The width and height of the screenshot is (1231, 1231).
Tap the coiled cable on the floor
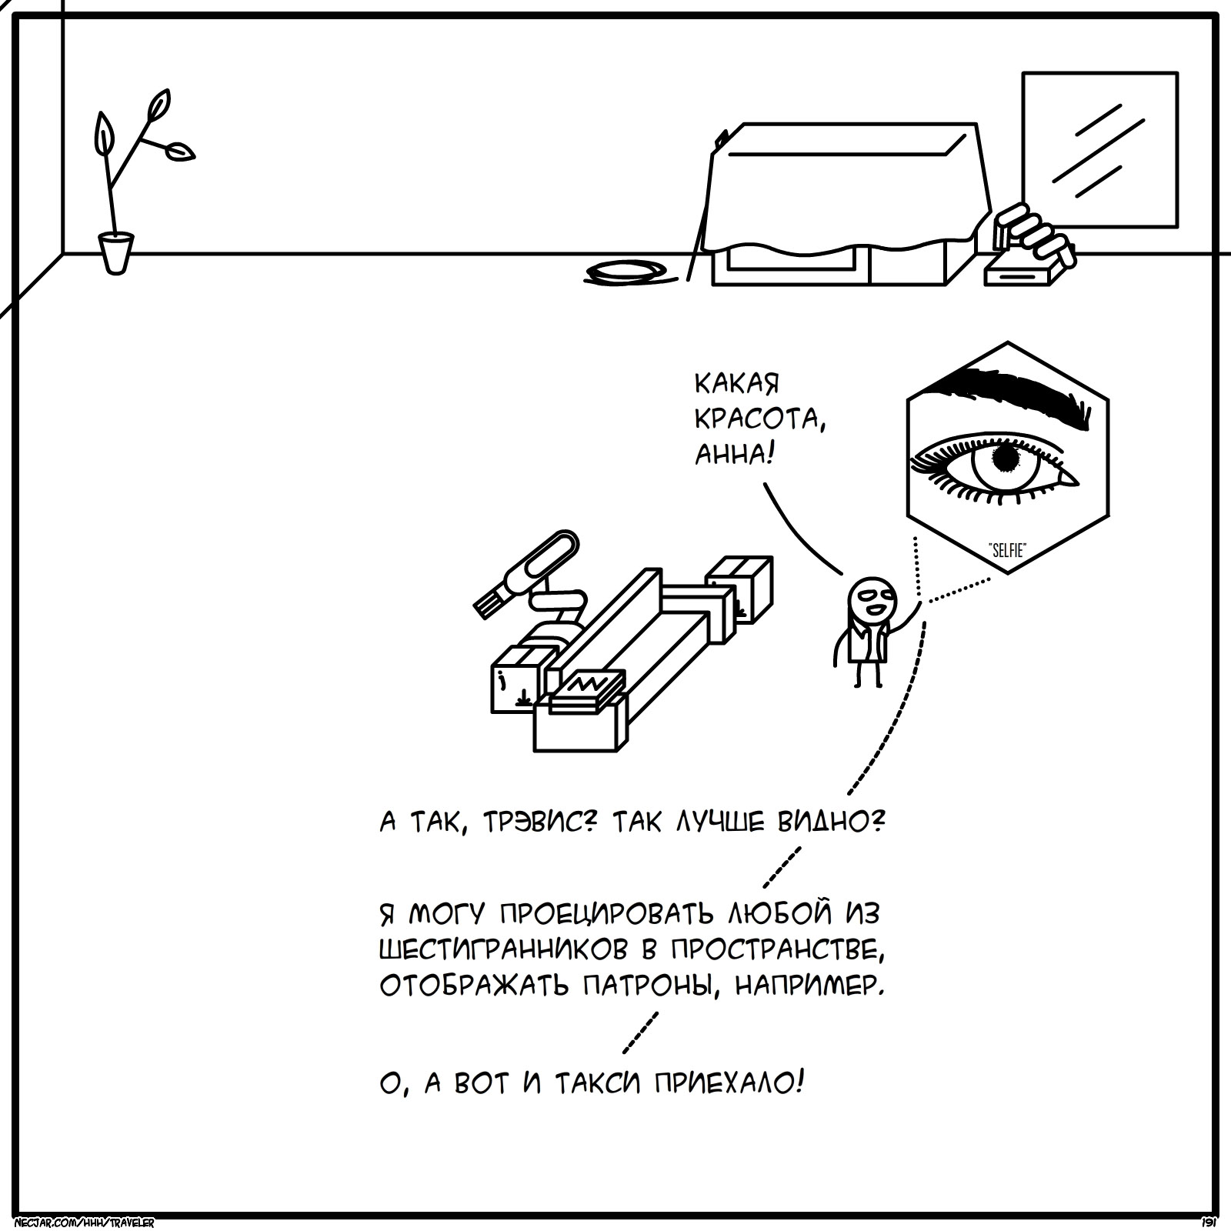[x=625, y=271]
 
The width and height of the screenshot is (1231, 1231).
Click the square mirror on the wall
[x=1099, y=149]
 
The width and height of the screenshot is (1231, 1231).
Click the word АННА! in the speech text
[x=733, y=455]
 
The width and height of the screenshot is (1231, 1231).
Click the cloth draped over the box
[x=846, y=188]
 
